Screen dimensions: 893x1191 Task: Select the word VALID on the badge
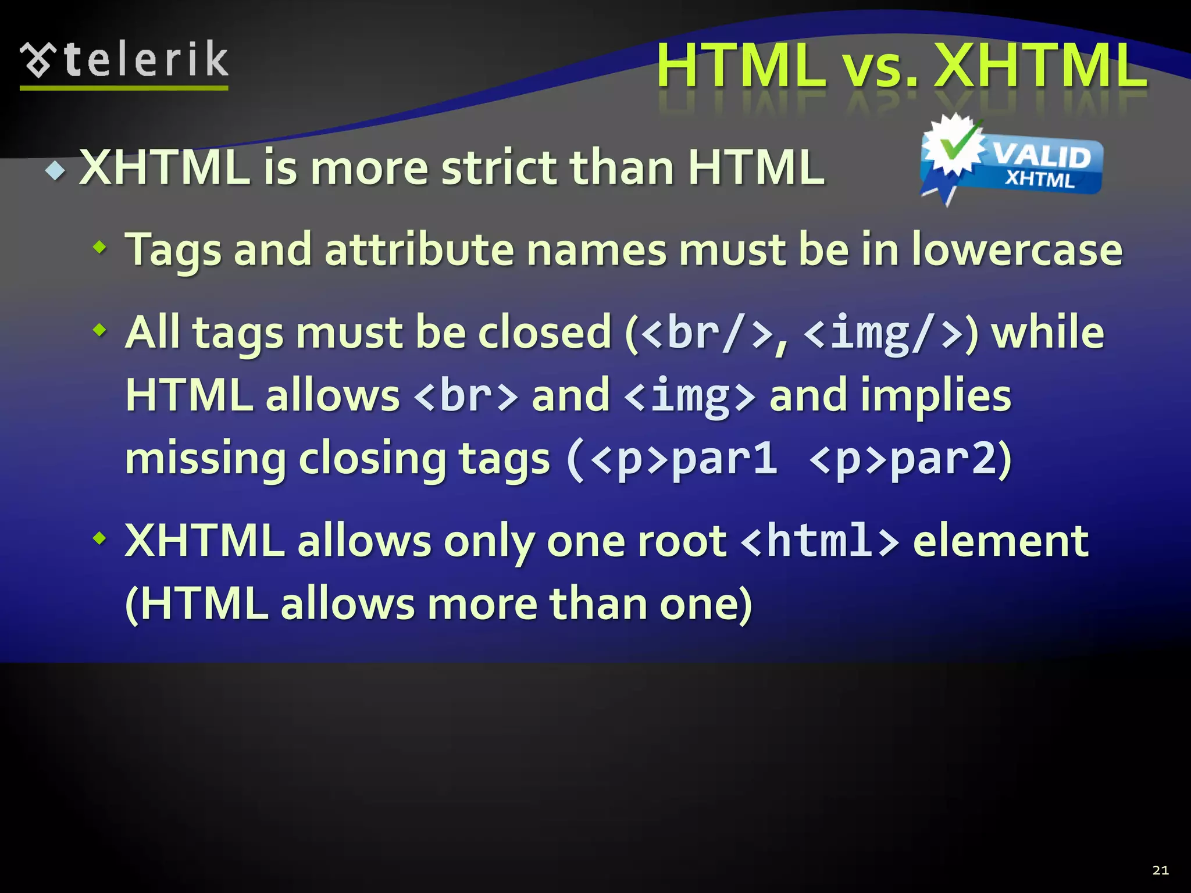point(1041,156)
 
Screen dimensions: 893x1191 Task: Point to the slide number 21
point(1160,870)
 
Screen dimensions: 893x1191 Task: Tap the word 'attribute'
point(419,250)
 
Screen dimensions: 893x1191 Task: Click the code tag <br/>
point(708,333)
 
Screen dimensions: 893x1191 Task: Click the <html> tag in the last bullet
point(821,541)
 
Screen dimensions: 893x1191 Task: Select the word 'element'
point(1000,541)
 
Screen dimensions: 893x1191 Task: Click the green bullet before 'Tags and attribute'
point(100,248)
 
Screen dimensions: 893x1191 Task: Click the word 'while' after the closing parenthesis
point(1047,333)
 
